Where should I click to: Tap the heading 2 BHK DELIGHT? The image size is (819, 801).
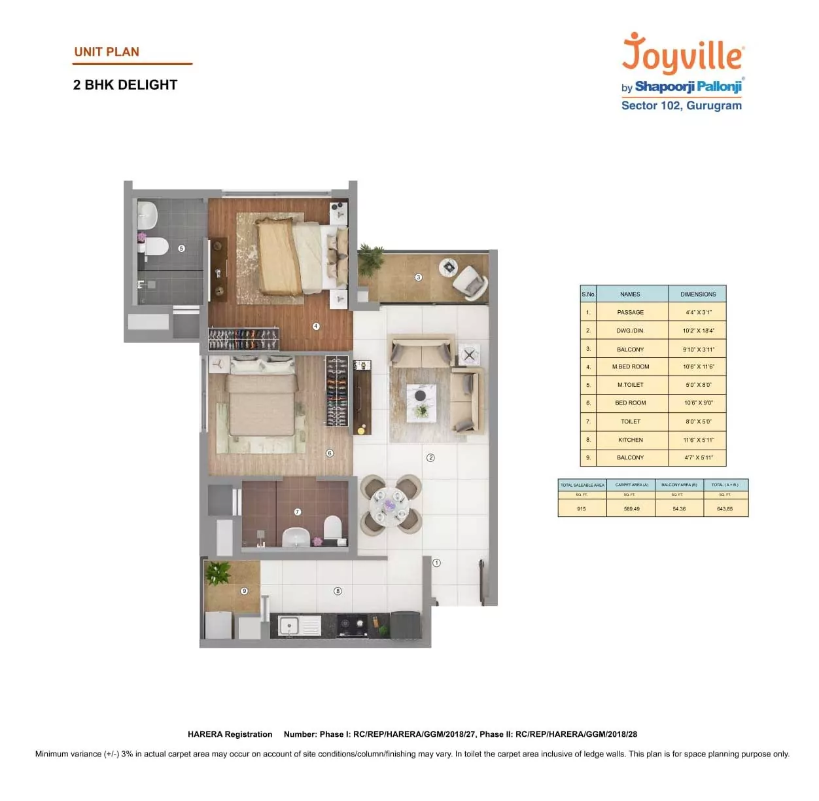click(125, 85)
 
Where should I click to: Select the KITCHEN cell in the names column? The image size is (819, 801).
click(631, 440)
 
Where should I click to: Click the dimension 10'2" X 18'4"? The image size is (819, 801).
click(698, 330)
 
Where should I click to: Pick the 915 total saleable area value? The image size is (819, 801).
click(582, 508)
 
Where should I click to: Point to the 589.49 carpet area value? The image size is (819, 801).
click(631, 508)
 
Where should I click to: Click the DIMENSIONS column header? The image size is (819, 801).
click(698, 294)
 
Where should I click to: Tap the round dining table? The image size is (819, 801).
click(391, 505)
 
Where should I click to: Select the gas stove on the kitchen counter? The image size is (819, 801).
click(353, 625)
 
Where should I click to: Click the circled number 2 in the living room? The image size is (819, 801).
click(430, 457)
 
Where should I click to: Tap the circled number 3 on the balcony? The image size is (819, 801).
click(419, 277)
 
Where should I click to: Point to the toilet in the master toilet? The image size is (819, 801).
click(156, 246)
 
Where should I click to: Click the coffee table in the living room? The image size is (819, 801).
click(421, 401)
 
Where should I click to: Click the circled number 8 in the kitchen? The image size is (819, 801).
click(338, 591)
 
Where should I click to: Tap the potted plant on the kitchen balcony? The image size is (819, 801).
click(218, 573)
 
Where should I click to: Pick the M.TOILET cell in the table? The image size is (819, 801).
click(631, 385)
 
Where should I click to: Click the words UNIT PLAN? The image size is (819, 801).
click(107, 52)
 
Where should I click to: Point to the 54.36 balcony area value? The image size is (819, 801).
click(679, 508)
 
